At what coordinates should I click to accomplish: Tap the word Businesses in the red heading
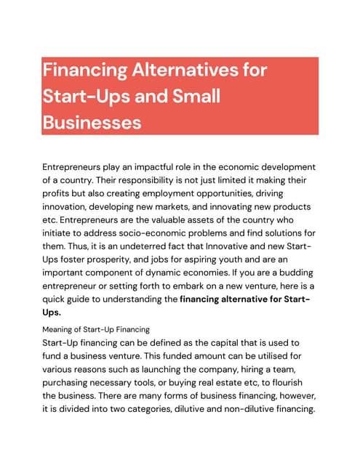92,122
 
